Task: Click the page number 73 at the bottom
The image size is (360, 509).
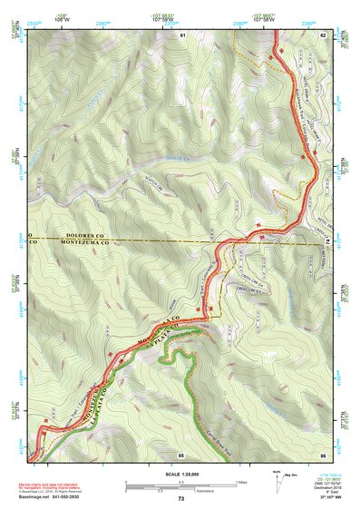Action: [180, 499]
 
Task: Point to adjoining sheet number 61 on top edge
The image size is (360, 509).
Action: [182, 34]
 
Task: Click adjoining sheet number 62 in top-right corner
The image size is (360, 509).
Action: [322, 34]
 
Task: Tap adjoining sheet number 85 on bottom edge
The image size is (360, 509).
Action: [181, 453]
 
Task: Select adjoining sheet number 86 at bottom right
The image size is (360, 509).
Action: [322, 453]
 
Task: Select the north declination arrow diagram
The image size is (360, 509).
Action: [276, 475]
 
